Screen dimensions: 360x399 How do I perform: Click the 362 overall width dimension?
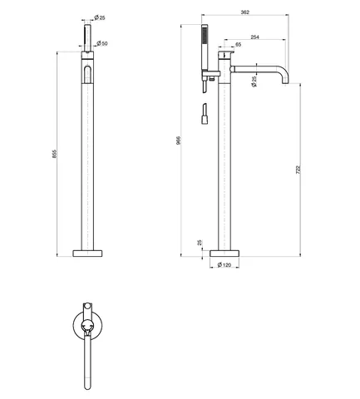coord(245,12)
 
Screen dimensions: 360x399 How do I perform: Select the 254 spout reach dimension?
coord(254,37)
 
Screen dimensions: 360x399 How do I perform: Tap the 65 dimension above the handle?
coord(238,44)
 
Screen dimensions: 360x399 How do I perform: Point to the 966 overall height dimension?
coord(178,140)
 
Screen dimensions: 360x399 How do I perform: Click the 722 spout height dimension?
coord(298,170)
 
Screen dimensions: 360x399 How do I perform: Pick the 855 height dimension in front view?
coord(54,154)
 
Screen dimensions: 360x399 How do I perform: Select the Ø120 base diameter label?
coord(224,265)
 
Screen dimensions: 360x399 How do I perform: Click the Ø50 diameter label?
coord(102,43)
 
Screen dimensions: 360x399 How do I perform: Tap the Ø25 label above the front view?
coord(100,17)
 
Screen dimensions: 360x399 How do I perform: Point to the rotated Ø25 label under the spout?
coord(254,81)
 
